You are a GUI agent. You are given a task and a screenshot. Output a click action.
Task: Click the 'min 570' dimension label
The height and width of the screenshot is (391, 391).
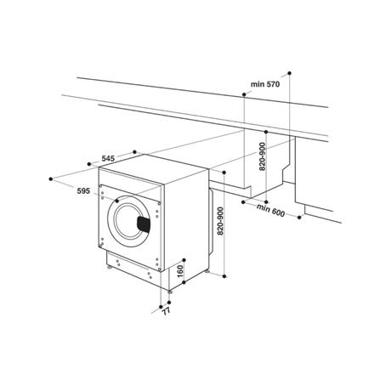(x=265, y=84)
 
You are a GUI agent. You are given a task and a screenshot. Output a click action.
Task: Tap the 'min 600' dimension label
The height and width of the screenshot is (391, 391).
(x=271, y=210)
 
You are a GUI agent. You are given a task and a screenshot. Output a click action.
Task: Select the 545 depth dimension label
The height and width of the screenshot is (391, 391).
(x=108, y=158)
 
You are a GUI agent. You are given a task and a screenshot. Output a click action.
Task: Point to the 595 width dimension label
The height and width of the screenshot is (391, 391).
(x=83, y=191)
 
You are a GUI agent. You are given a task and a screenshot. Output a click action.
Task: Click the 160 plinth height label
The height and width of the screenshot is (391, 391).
(x=180, y=271)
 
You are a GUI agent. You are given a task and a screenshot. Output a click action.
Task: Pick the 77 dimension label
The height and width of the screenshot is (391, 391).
(x=167, y=311)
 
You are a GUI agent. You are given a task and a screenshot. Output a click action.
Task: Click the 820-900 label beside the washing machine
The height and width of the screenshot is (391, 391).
(x=220, y=221)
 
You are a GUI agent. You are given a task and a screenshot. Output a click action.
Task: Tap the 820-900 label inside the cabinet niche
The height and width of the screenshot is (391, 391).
(x=263, y=156)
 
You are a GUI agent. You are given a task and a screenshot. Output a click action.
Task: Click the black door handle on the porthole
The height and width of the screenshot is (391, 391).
(x=144, y=224)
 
